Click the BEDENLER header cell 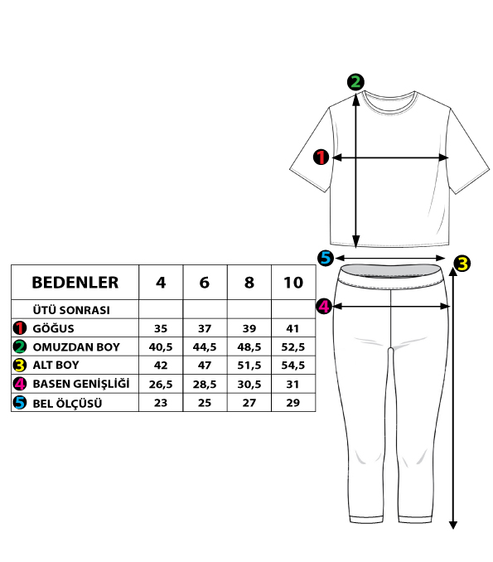point(75,283)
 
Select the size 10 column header point(293,283)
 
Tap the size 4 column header point(161,283)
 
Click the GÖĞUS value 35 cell point(161,328)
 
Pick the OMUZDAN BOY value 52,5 point(293,346)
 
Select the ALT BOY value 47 point(205,366)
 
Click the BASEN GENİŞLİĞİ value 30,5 point(249,384)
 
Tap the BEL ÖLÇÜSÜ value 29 point(293,403)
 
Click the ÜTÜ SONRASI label point(71,310)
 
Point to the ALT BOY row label point(56,365)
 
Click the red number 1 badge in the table point(20,328)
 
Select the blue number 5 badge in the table point(20,403)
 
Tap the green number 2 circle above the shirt point(355,82)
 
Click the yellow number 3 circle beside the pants point(462,264)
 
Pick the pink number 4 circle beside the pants point(324,307)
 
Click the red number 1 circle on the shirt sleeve point(321,157)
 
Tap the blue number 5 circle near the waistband point(326,258)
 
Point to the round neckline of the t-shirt point(389,98)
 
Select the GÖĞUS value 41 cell point(293,328)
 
